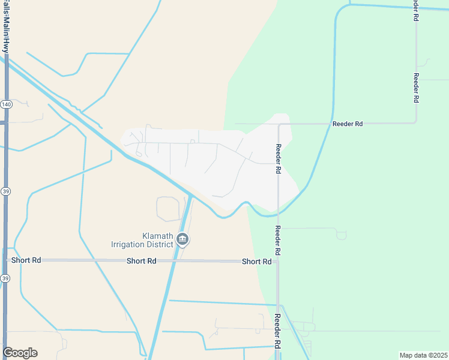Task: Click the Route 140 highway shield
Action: click(6, 104)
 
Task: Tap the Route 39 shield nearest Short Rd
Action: click(6, 278)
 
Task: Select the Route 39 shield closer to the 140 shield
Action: click(6, 191)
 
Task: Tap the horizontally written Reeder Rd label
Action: click(348, 124)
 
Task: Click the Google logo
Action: click(20, 353)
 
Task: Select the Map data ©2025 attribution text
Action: click(423, 355)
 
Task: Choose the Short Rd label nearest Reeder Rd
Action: click(256, 262)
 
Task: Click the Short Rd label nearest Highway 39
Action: click(26, 260)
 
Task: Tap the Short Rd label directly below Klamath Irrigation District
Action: click(141, 261)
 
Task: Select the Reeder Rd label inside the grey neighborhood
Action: click(279, 158)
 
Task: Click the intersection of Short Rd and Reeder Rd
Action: click(277, 262)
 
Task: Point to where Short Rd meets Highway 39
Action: click(6, 260)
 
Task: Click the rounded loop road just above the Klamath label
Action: click(168, 208)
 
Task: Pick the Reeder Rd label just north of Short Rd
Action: click(278, 239)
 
